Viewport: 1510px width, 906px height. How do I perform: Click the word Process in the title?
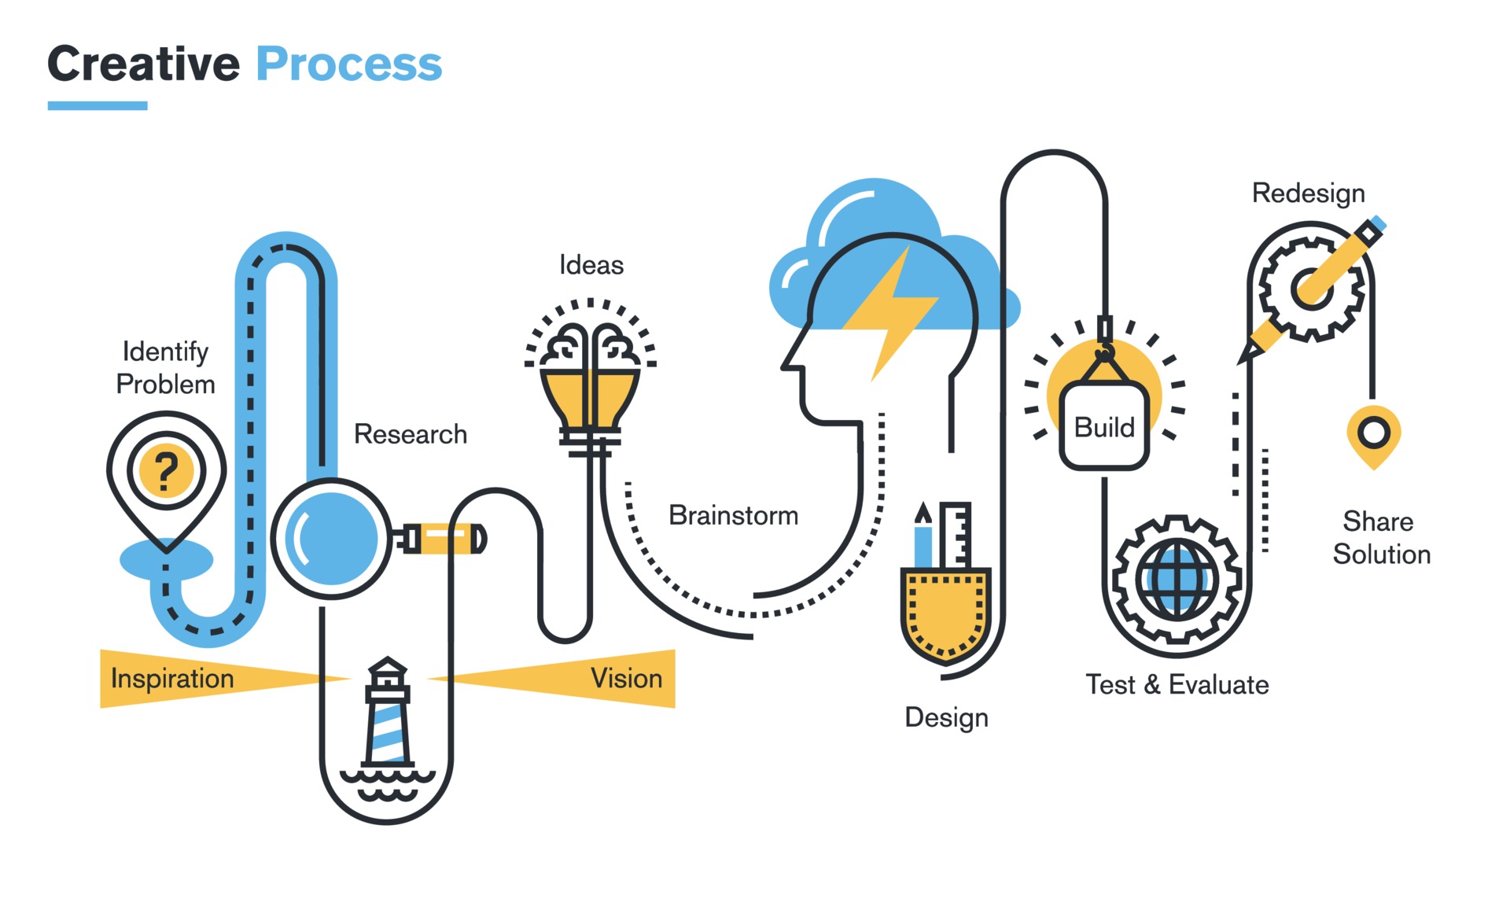[348, 64]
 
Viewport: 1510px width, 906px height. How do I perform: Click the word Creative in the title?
[143, 64]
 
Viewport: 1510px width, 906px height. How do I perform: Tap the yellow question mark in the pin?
[165, 470]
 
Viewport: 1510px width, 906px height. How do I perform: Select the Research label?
[410, 434]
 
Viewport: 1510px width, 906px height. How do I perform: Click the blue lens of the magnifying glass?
[331, 539]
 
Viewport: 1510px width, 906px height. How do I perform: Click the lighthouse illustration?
[387, 716]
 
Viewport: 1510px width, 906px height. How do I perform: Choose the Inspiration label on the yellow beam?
[172, 679]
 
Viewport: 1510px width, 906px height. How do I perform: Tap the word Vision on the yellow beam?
[626, 679]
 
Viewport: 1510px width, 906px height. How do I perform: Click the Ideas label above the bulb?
[591, 265]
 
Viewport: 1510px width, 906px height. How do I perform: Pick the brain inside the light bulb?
[591, 347]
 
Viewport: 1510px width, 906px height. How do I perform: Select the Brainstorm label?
[733, 515]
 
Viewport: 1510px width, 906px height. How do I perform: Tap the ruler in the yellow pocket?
[956, 535]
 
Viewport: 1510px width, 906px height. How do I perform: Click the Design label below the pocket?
[946, 717]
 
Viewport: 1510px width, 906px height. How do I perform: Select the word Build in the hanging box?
[1104, 428]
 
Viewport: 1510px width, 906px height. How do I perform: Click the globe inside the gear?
[1177, 580]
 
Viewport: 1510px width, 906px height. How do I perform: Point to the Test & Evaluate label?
[1177, 685]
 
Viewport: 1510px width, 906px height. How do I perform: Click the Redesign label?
[1308, 193]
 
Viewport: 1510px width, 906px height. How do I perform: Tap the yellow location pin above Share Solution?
[1373, 435]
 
